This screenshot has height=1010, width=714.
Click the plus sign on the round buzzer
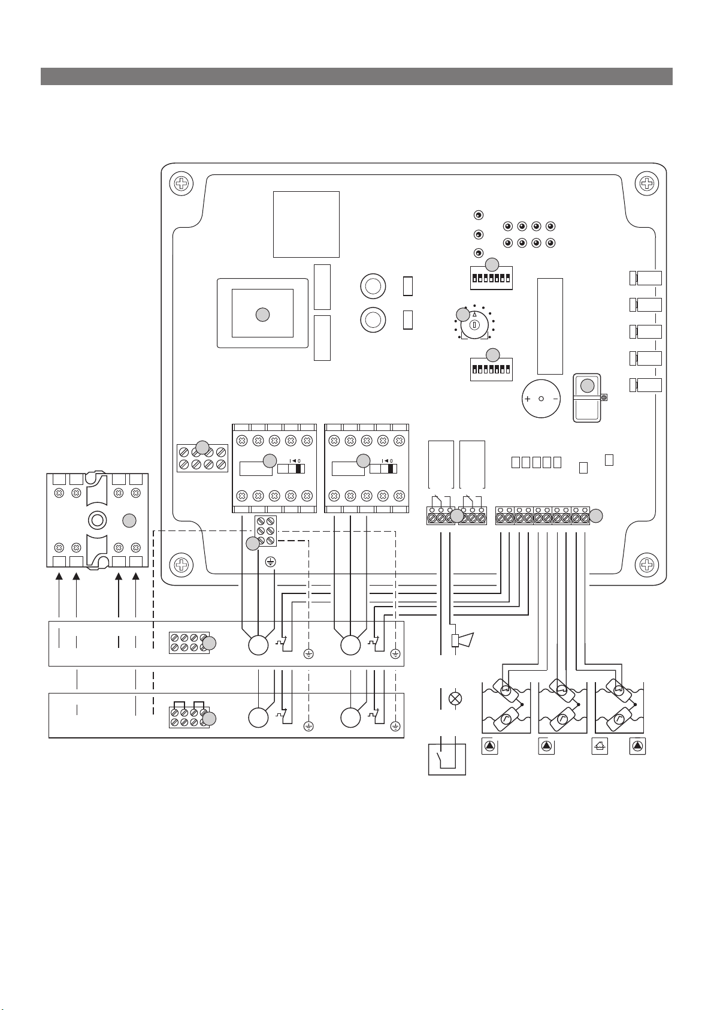pyautogui.click(x=528, y=399)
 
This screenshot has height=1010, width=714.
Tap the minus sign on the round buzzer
pyautogui.click(x=555, y=399)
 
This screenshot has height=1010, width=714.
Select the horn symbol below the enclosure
pyautogui.click(x=462, y=640)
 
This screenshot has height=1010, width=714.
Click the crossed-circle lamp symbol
pyautogui.click(x=455, y=699)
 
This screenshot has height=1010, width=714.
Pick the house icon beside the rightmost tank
pyautogui.click(x=600, y=746)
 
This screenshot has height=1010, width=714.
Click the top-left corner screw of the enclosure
pyautogui.click(x=181, y=183)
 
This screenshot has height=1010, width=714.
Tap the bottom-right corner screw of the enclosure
pyautogui.click(x=646, y=565)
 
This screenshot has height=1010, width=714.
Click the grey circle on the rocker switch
pyautogui.click(x=587, y=386)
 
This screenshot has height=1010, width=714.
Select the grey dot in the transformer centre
pyautogui.click(x=262, y=315)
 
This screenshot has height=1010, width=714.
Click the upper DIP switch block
pyautogui.click(x=491, y=279)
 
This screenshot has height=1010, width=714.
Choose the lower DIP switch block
pyautogui.click(x=491, y=370)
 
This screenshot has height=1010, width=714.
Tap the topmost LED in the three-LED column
pyautogui.click(x=479, y=215)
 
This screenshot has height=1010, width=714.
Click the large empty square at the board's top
pyautogui.click(x=306, y=225)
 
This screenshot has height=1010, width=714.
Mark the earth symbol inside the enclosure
pyautogui.click(x=270, y=562)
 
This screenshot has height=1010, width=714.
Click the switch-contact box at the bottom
pyautogui.click(x=447, y=760)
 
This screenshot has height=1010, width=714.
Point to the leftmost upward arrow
pyautogui.click(x=59, y=595)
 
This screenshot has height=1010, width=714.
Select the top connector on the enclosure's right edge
pyautogui.click(x=646, y=278)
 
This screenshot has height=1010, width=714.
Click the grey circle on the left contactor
pyautogui.click(x=270, y=461)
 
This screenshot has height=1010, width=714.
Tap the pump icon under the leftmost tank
pyautogui.click(x=489, y=746)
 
